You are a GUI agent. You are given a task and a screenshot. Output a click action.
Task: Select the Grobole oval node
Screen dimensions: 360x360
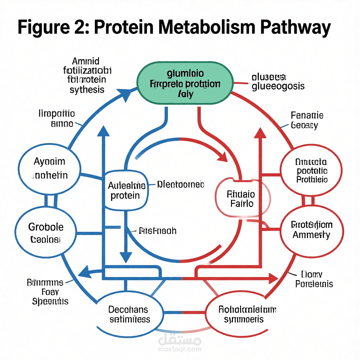click(46, 232)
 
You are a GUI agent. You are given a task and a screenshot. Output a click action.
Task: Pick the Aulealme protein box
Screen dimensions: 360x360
click(125, 190)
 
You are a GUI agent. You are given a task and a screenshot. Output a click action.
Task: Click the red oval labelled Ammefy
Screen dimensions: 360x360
click(311, 230)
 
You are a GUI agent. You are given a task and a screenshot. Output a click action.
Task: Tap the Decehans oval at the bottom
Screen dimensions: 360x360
click(129, 314)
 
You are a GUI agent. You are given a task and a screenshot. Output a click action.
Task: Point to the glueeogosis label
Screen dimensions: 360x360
click(278, 86)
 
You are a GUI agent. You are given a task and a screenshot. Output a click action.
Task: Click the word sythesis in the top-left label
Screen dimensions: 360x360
click(87, 90)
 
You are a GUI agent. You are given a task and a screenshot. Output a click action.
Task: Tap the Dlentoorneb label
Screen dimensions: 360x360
click(180, 184)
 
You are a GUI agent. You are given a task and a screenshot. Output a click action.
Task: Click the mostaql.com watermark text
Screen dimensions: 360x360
click(180, 349)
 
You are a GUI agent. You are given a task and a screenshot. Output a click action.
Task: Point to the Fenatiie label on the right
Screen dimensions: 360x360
click(307, 115)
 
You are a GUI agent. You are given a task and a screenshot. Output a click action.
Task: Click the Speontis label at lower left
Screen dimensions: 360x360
click(50, 301)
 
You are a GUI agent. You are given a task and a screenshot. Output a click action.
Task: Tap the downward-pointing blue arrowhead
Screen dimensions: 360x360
click(126, 256)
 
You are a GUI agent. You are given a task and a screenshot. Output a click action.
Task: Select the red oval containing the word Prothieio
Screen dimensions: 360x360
click(311, 171)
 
